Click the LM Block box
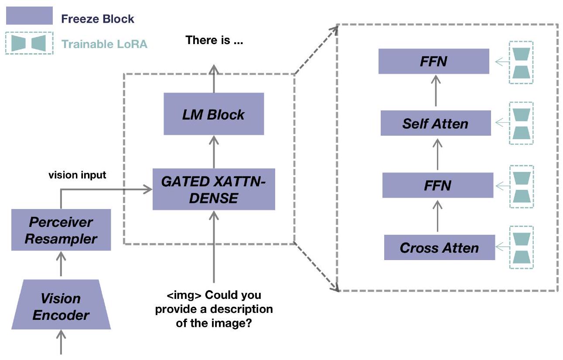coord(214,114)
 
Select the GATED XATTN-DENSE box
coord(214,189)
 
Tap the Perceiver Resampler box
coord(61,230)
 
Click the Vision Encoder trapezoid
coord(61,307)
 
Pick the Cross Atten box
coord(439,247)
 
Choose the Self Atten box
coord(436,123)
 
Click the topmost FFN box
coord(433,61)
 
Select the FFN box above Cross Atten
coord(438,185)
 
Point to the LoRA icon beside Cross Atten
coord(521,247)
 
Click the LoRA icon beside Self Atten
coord(521,123)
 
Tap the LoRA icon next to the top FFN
coord(521,62)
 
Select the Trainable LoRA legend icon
coord(29,43)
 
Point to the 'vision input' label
coord(77,175)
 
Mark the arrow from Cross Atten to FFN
coord(438,216)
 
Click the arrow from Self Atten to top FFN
coord(435,92)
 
